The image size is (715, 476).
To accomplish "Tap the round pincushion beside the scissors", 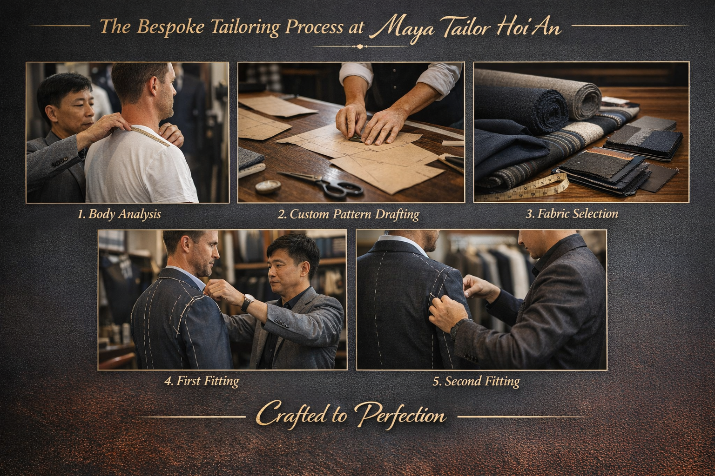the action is pos(268,186).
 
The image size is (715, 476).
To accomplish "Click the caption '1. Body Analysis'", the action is pos(119,214).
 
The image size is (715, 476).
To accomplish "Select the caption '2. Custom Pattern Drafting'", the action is pos(348,214).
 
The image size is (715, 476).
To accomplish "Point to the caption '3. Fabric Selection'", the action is pos(572,214).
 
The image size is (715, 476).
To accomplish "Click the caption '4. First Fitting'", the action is pos(202,381).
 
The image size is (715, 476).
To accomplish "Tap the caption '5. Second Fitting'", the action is pos(476,381).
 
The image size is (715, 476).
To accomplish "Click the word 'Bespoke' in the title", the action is pos(171,27).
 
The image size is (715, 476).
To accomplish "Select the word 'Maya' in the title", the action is pos(404,29).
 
